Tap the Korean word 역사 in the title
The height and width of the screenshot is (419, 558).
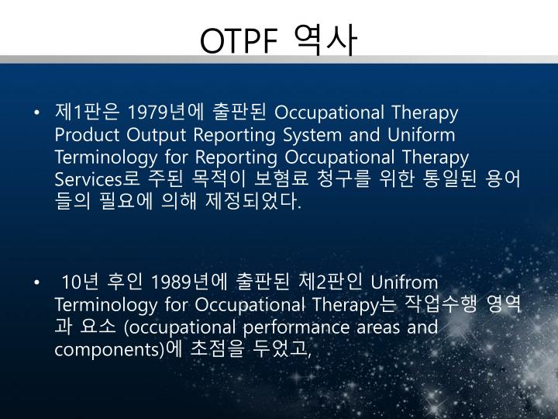coord(326,41)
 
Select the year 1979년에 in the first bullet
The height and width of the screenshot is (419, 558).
coord(161,113)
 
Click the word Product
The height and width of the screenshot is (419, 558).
coord(84,135)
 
